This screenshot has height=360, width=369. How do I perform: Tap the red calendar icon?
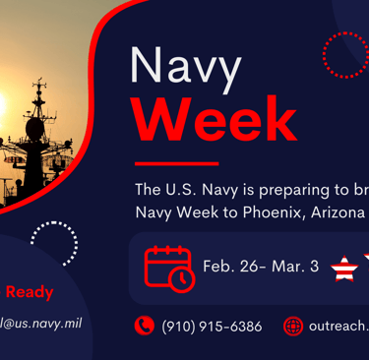pyautogui.click(x=168, y=268)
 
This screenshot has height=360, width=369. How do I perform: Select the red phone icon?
pyautogui.click(x=145, y=326)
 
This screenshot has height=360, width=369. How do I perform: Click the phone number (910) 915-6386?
pyautogui.click(x=212, y=327)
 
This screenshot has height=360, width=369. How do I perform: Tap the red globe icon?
pyautogui.click(x=292, y=327)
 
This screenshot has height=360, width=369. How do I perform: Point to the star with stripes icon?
pyautogui.click(x=343, y=268)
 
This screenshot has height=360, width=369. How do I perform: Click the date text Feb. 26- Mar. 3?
pyautogui.click(x=260, y=267)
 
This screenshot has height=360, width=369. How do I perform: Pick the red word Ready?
pyautogui.click(x=30, y=292)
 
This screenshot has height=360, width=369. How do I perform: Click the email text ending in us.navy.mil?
pyautogui.click(x=40, y=323)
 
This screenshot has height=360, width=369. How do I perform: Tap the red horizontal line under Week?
pyautogui.click(x=176, y=163)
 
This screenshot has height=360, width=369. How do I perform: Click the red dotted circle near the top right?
pyautogui.click(x=344, y=54)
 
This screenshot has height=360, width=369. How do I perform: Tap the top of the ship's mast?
pyautogui.click(x=40, y=85)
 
